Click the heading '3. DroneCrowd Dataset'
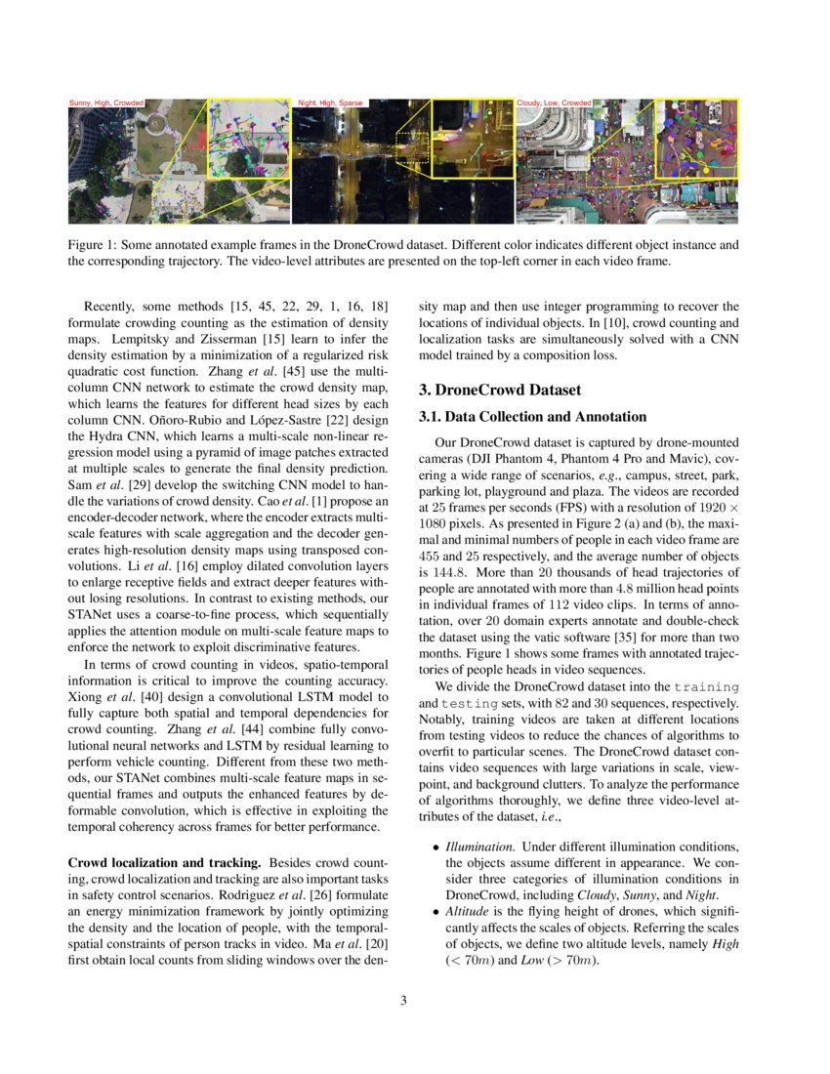(x=500, y=390)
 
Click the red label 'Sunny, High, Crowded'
(x=106, y=103)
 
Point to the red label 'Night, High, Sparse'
(x=330, y=103)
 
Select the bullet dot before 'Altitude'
(x=436, y=912)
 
